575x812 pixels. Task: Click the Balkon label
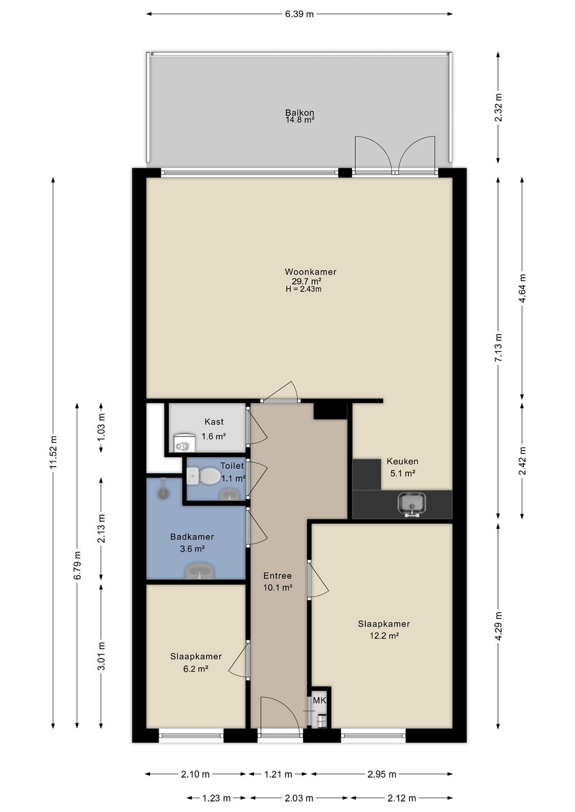299,112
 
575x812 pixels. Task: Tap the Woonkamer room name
310,271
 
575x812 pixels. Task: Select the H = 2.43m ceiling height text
303,289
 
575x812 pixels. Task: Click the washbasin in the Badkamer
200,571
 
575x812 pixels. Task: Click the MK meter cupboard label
319,700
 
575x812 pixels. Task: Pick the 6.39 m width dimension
299,14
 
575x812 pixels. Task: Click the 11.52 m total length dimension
53,452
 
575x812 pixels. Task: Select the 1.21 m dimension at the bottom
278,774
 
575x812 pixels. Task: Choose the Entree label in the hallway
277,576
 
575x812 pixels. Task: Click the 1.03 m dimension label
102,428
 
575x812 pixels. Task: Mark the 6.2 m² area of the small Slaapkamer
195,669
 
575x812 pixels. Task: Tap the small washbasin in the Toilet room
229,494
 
